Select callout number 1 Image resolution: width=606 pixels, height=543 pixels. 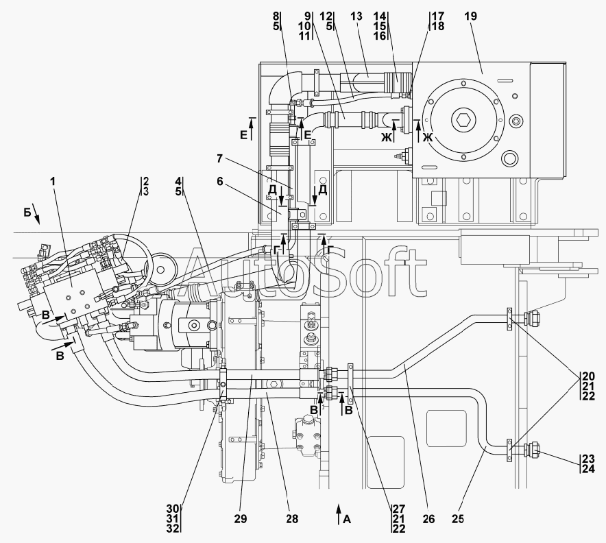(x=53, y=181)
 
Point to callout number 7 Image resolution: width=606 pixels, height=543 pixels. (x=219, y=158)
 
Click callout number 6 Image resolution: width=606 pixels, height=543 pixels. (x=219, y=181)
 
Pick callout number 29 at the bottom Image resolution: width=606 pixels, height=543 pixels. (x=240, y=519)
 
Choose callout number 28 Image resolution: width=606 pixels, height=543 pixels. (x=292, y=519)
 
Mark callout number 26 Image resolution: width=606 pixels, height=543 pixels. (x=428, y=519)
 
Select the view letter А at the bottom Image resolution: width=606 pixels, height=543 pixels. (x=347, y=520)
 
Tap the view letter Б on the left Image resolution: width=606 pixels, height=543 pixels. (x=27, y=213)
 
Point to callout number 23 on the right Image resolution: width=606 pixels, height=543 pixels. (x=589, y=459)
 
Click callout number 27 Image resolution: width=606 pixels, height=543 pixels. (x=399, y=509)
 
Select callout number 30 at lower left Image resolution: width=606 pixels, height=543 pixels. (x=173, y=509)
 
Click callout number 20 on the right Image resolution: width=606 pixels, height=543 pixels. (x=589, y=376)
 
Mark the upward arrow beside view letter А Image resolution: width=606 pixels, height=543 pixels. (x=338, y=514)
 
